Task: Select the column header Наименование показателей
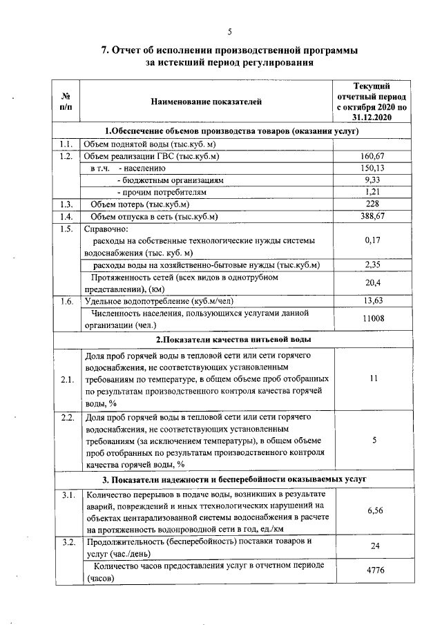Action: coord(207,102)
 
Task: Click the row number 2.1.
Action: coord(67,379)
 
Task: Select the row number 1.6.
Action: coord(67,301)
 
